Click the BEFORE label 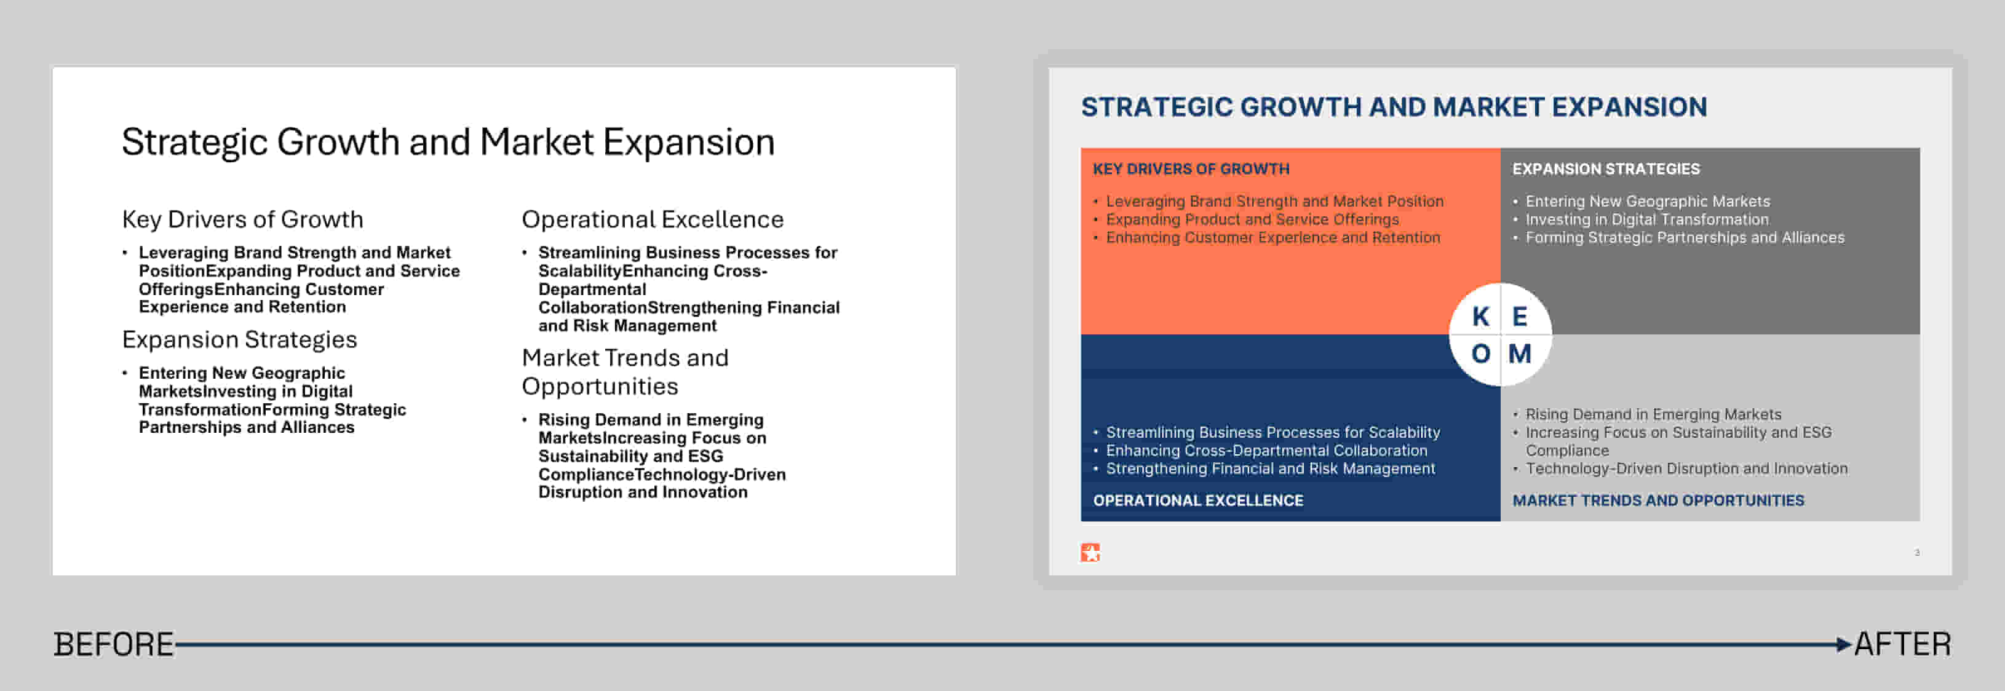(114, 644)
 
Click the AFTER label (1902, 644)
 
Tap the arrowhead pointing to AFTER (1843, 644)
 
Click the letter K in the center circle (1480, 317)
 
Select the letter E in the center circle (1519, 317)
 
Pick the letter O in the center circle (1480, 354)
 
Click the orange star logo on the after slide (1090, 553)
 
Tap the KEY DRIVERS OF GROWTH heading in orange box (1191, 169)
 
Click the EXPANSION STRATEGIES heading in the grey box (1606, 169)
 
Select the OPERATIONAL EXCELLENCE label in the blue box (1198, 500)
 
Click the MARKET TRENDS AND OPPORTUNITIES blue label (1658, 500)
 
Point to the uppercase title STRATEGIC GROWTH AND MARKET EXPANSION (1394, 106)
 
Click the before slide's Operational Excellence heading (653, 219)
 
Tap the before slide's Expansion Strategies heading (240, 339)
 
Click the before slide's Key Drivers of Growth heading (243, 219)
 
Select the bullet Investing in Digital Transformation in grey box (1647, 219)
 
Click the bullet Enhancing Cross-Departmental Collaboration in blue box (1266, 451)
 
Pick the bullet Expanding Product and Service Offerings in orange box (1252, 219)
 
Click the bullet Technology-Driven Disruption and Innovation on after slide (1686, 468)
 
